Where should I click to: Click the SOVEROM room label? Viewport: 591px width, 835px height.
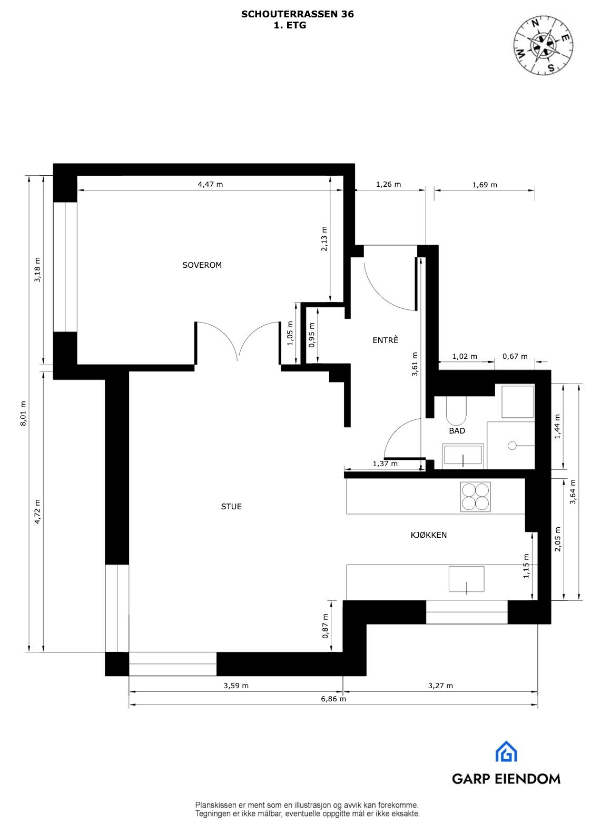pos(202,265)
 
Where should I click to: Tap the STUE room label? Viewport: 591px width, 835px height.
pos(231,507)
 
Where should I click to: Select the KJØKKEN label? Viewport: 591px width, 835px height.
pos(429,535)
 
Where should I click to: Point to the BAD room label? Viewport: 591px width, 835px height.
pos(457,431)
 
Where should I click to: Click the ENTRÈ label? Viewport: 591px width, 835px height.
pos(385,340)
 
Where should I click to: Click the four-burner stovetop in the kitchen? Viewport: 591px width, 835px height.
pos(476,497)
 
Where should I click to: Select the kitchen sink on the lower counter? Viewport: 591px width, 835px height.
pos(466,579)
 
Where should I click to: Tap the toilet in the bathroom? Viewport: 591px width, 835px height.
pos(456,411)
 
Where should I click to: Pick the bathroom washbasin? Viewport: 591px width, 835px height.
pos(462,457)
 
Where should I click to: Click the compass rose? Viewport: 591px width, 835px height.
pos(544,45)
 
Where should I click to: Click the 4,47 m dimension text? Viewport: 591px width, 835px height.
pos(210,184)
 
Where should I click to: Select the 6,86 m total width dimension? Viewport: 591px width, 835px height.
pos(333,699)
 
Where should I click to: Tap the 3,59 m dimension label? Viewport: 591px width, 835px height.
pos(236,686)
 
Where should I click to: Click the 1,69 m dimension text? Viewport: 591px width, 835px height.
pos(485,185)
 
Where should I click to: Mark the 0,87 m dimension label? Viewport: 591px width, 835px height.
pos(325,626)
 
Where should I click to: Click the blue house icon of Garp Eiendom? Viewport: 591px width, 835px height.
pos(506,751)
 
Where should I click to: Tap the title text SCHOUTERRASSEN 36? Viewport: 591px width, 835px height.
pos(297,14)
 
